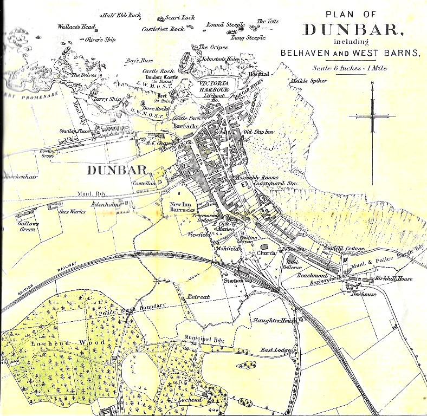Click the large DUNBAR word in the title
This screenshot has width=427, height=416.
352,30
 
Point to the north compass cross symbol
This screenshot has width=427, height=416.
372,115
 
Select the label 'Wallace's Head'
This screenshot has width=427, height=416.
77,27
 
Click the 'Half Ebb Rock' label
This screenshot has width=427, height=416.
121,15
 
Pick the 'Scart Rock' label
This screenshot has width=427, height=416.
180,17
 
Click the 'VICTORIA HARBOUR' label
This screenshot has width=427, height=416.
214,87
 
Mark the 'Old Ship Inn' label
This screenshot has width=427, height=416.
258,132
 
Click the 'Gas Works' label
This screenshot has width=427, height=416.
73,212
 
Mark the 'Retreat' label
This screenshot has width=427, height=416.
197,297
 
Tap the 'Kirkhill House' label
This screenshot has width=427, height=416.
394,279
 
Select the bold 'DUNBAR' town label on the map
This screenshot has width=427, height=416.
117,170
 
